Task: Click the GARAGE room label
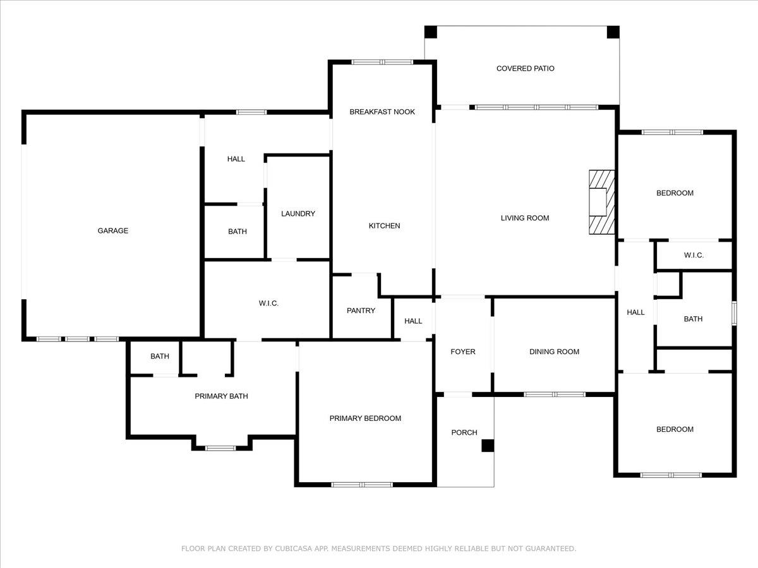[113, 231]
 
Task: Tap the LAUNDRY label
[298, 214]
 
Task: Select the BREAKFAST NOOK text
[382, 112]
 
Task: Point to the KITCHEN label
[384, 226]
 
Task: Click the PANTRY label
[361, 311]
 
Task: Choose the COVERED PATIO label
[526, 69]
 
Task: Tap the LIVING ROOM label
[525, 218]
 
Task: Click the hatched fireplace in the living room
[602, 202]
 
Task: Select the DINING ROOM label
[554, 352]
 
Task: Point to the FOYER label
[463, 352]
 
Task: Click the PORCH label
[464, 432]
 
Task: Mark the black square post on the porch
[488, 446]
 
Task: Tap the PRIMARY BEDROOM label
[365, 418]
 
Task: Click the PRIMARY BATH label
[221, 396]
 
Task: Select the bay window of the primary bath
[220, 448]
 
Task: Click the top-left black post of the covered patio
[431, 32]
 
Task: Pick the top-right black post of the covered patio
[613, 32]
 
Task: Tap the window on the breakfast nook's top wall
[382, 62]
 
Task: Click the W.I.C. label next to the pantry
[268, 304]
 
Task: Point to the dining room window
[555, 394]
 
